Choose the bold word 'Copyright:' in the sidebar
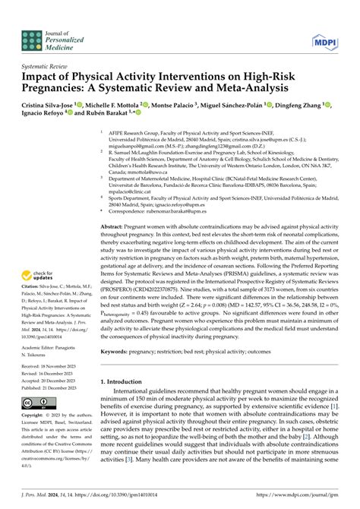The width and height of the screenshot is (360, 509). tap(32, 416)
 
